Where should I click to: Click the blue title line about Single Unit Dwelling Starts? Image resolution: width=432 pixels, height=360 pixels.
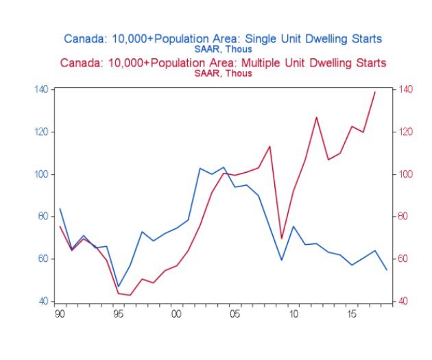click(223, 38)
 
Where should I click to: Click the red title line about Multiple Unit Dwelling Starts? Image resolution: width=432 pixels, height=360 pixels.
click(223, 63)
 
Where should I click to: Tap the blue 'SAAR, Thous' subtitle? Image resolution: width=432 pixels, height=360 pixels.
click(224, 49)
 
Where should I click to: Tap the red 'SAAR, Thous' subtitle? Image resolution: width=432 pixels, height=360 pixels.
click(224, 73)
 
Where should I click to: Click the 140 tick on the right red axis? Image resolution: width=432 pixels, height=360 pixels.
click(405, 89)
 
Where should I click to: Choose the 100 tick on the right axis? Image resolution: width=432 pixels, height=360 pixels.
click(405, 174)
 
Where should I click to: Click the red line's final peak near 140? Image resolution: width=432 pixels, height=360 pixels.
click(375, 92)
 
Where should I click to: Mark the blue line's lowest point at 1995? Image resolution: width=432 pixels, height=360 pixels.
click(118, 287)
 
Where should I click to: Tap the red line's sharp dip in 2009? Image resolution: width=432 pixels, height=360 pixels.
click(282, 239)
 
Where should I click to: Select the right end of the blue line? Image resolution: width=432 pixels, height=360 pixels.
click(387, 269)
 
